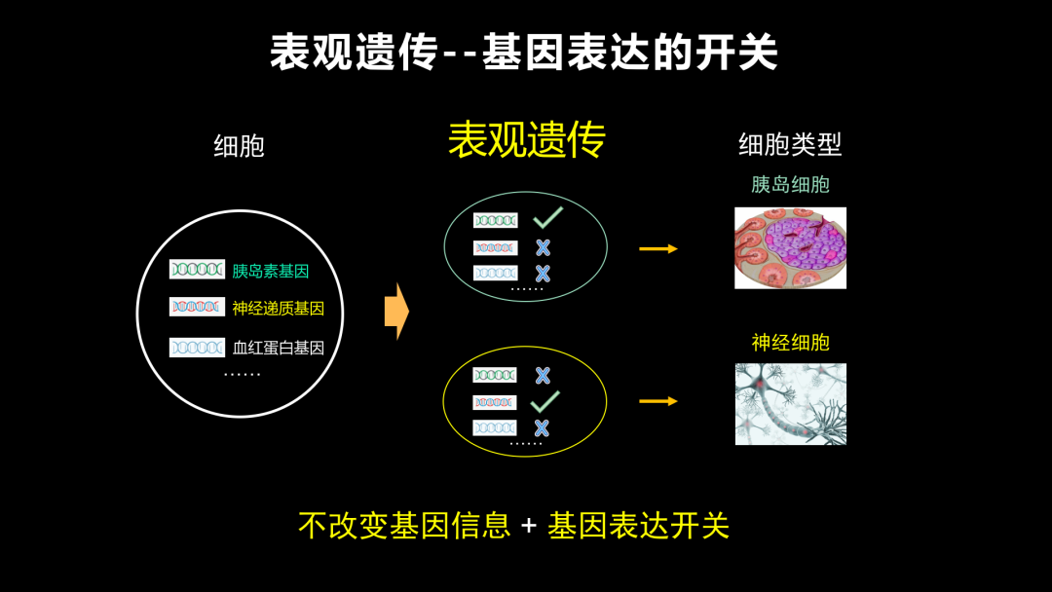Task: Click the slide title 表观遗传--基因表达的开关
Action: click(x=524, y=52)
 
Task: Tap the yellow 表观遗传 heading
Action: click(x=527, y=139)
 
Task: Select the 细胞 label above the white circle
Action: click(x=239, y=146)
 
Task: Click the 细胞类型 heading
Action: click(x=790, y=144)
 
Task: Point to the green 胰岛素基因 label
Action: click(x=271, y=271)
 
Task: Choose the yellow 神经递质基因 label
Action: click(x=279, y=309)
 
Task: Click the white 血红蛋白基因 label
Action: click(x=279, y=348)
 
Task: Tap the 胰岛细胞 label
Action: click(x=790, y=184)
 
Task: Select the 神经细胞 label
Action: click(x=790, y=343)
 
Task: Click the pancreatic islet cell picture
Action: click(x=790, y=248)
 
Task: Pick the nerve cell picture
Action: click(x=790, y=404)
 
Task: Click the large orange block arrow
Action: click(x=396, y=311)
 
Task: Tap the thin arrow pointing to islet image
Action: click(x=658, y=248)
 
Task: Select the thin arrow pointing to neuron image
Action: click(x=658, y=401)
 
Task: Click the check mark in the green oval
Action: click(x=548, y=218)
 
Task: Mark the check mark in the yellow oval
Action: click(x=545, y=401)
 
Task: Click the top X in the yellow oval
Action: click(x=543, y=376)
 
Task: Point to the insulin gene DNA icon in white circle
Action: click(x=197, y=269)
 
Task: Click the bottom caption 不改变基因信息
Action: click(x=404, y=525)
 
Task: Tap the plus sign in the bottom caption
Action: click(x=529, y=525)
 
